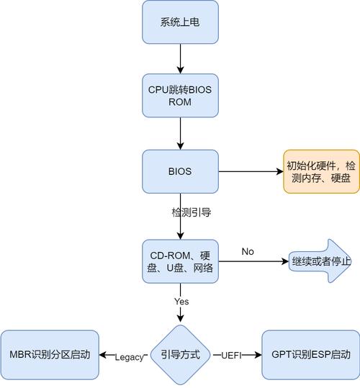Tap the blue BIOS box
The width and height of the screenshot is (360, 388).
179,171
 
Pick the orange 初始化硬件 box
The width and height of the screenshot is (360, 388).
320,171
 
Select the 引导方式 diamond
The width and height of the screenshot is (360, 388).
179,356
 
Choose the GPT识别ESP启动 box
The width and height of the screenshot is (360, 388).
310,356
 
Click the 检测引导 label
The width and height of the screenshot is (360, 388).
191,212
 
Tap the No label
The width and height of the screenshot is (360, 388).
248,251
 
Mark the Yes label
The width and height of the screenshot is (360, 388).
181,301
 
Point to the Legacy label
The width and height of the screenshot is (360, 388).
129,357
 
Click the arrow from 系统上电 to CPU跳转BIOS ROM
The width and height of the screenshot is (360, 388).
179,60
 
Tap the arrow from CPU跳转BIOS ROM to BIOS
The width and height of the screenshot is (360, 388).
179,134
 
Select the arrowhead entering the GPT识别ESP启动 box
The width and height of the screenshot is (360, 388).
256,356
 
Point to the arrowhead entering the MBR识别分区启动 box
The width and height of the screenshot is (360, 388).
102,356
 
